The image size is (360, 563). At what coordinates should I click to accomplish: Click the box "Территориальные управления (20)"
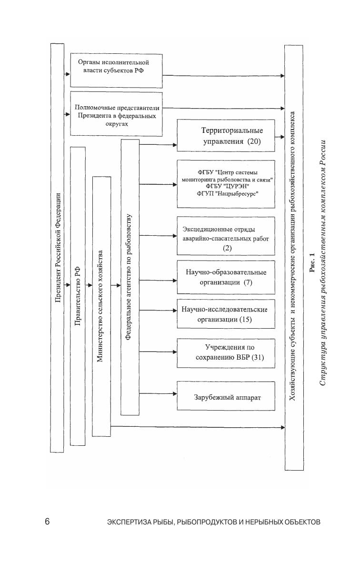pyautogui.click(x=226, y=136)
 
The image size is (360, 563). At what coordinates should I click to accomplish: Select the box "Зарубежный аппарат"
pyautogui.click(x=226, y=396)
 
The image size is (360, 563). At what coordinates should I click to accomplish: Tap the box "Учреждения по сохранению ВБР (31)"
pyautogui.click(x=226, y=352)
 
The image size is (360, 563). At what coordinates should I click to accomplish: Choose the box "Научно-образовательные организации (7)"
pyautogui.click(x=226, y=277)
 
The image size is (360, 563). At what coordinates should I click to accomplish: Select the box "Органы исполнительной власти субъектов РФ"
pyautogui.click(x=116, y=71)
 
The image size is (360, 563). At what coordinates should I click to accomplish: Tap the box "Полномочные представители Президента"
pyautogui.click(x=116, y=113)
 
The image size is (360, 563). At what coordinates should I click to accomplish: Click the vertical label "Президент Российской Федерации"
pyautogui.click(x=57, y=248)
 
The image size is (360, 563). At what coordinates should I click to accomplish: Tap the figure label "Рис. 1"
pyautogui.click(x=312, y=262)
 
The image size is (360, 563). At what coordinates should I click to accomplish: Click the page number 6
pyautogui.click(x=47, y=522)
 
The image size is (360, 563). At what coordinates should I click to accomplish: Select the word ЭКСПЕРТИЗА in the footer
pyautogui.click(x=125, y=522)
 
